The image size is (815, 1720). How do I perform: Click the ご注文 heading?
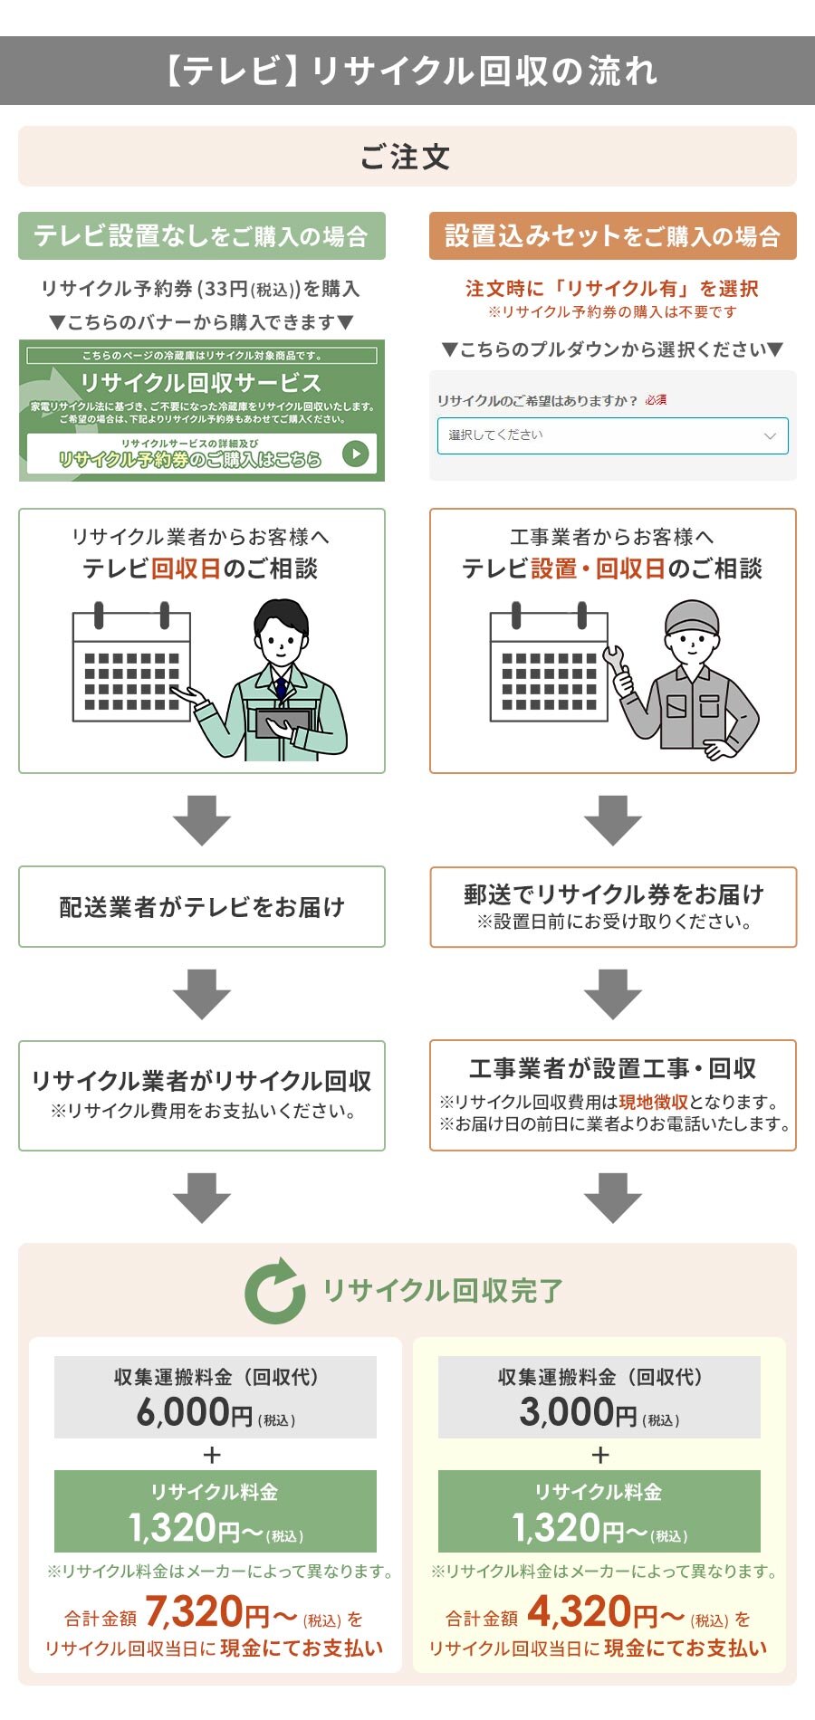[x=406, y=157]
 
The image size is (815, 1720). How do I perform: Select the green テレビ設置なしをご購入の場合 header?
[x=201, y=236]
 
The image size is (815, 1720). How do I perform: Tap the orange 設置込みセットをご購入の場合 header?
[x=612, y=236]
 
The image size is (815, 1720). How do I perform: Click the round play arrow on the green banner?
[x=356, y=454]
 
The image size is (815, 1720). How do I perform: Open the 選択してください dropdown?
[x=612, y=435]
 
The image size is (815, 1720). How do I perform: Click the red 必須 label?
[x=656, y=400]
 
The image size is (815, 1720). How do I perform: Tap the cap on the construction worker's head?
[x=691, y=616]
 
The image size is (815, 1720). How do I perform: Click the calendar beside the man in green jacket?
[x=131, y=665]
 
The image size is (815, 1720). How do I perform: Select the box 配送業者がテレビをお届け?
[x=201, y=907]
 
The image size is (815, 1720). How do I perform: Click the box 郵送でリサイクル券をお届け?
[x=612, y=907]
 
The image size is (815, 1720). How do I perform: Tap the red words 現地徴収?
[x=653, y=1102]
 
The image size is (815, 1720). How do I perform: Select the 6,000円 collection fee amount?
[x=194, y=1412]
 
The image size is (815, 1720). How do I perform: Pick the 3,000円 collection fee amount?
[x=578, y=1412]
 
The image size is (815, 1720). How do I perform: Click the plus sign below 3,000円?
[x=599, y=1455]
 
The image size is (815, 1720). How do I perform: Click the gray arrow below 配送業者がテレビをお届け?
[x=201, y=994]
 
